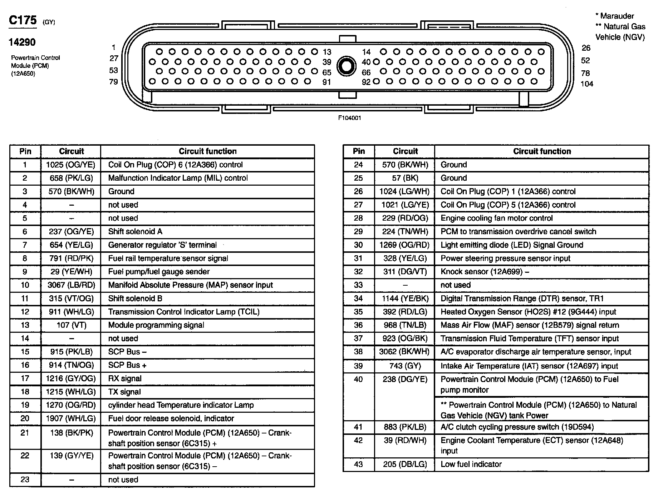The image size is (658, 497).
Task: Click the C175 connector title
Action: pyautogui.click(x=23, y=20)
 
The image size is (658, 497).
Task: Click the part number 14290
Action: pyautogui.click(x=22, y=42)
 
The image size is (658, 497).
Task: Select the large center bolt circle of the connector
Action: pyautogui.click(x=346, y=66)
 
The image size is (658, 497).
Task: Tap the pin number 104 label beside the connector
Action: pyautogui.click(x=587, y=84)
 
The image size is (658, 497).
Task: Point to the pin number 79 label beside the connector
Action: pyautogui.click(x=113, y=82)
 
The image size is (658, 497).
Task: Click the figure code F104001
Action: pyautogui.click(x=349, y=118)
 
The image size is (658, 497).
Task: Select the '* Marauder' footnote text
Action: pyautogui.click(x=614, y=16)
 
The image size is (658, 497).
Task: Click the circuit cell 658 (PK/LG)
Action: pyautogui.click(x=71, y=178)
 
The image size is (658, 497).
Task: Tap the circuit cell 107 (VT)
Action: pyautogui.click(x=71, y=325)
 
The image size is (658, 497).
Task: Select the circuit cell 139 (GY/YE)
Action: pyautogui.click(x=71, y=456)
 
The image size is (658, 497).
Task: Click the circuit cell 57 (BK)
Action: pyautogui.click(x=405, y=178)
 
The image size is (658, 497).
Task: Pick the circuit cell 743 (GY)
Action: pyautogui.click(x=405, y=366)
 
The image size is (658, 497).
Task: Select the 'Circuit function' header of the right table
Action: pyautogui.click(x=542, y=151)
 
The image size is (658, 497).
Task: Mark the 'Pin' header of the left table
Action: pyautogui.click(x=25, y=151)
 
